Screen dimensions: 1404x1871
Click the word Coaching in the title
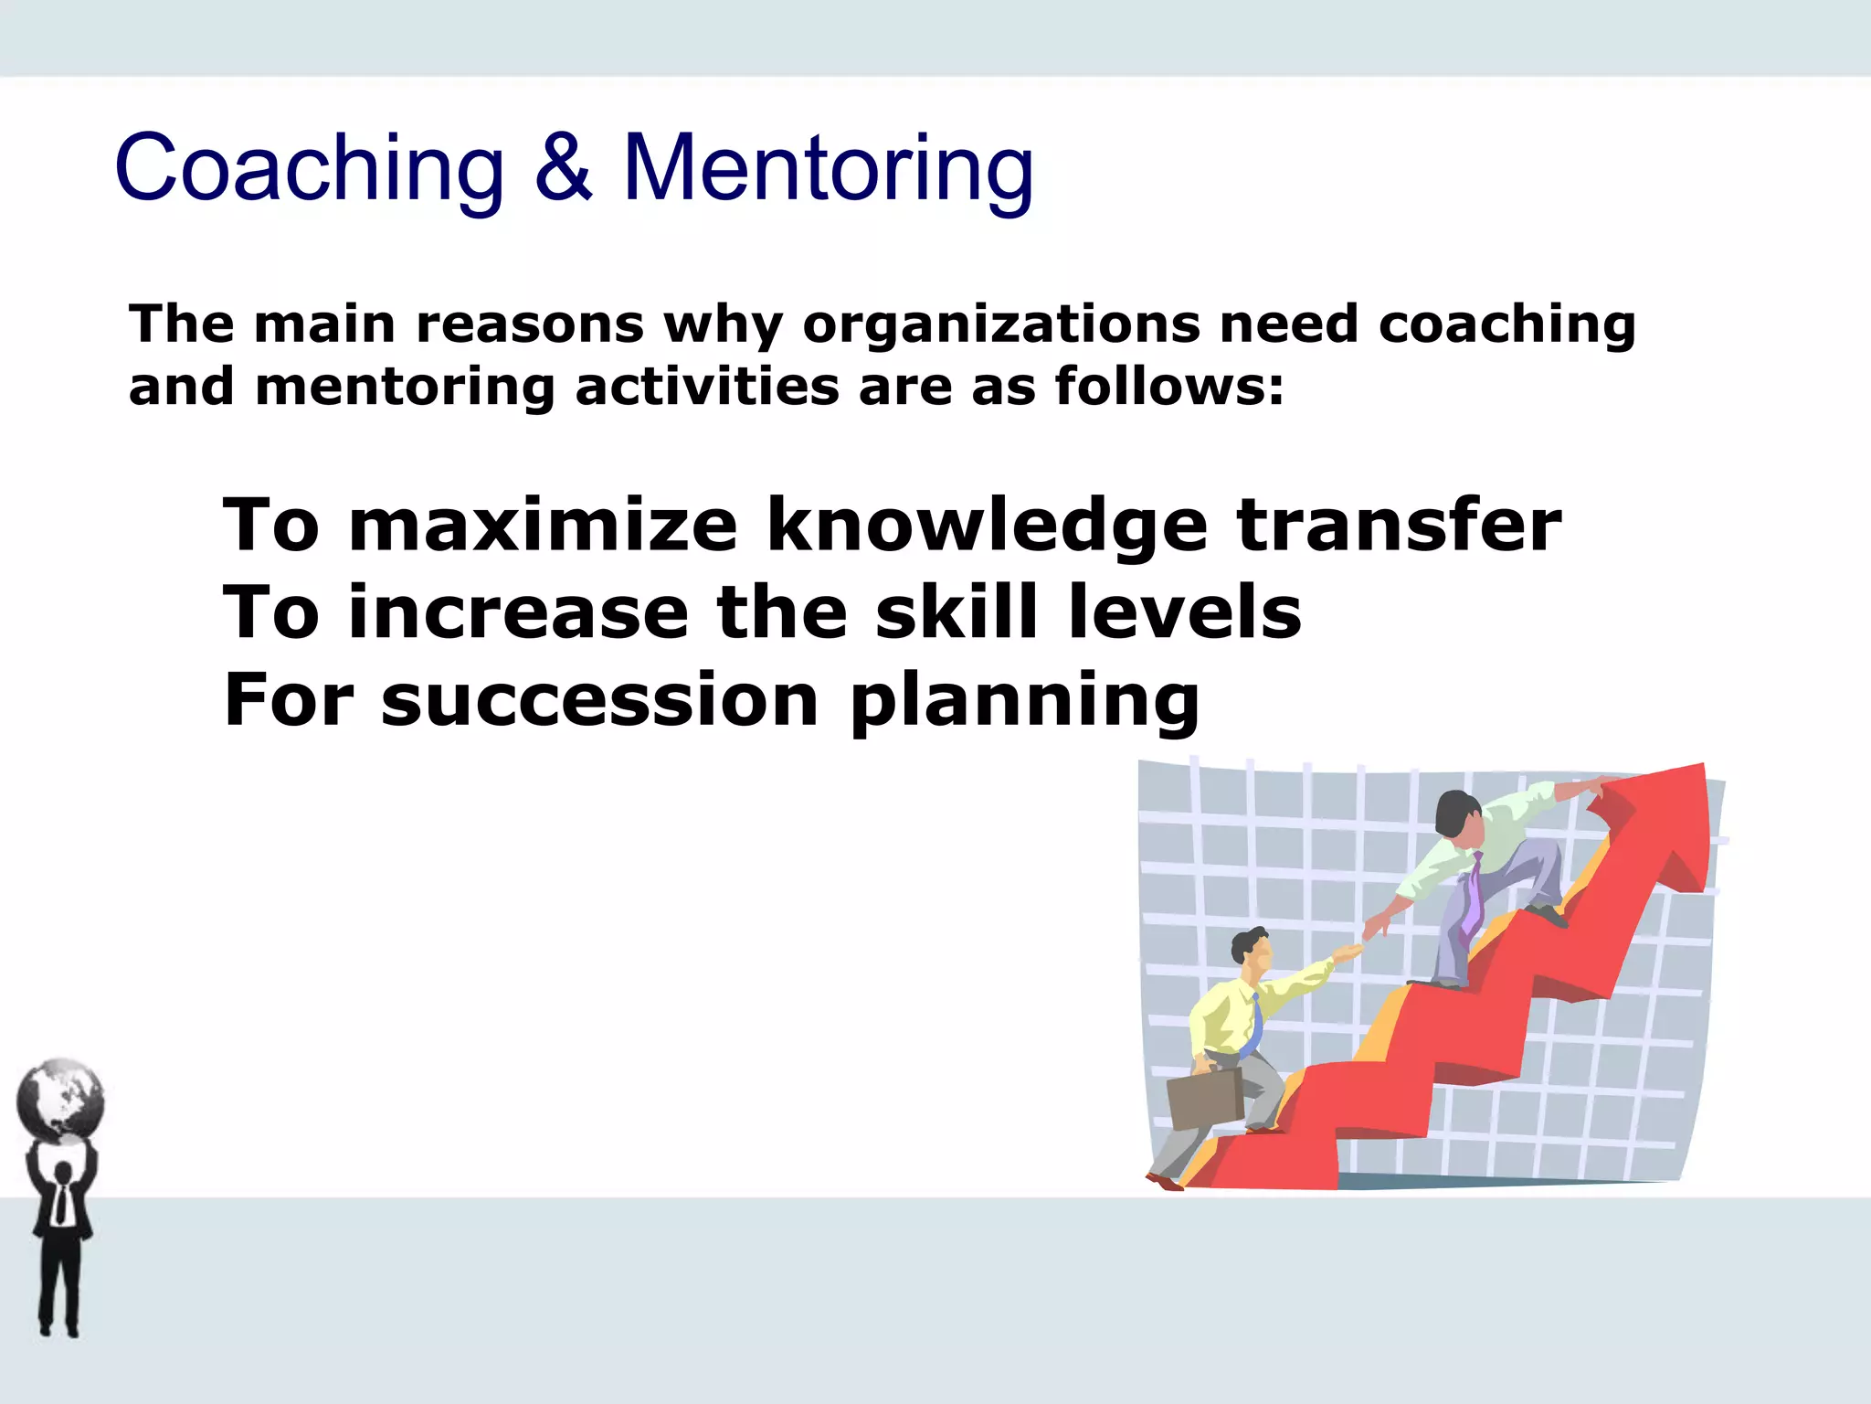[309, 169]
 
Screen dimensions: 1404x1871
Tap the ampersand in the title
[564, 167]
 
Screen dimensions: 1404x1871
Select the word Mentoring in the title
[828, 169]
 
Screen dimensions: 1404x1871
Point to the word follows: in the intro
[1169, 386]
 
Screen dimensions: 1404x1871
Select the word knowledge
[987, 526]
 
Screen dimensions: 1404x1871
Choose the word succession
[599, 700]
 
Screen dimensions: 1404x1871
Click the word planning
[1024, 702]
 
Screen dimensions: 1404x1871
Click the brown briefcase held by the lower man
[1204, 1099]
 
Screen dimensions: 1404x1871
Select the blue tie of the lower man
[1254, 1024]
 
